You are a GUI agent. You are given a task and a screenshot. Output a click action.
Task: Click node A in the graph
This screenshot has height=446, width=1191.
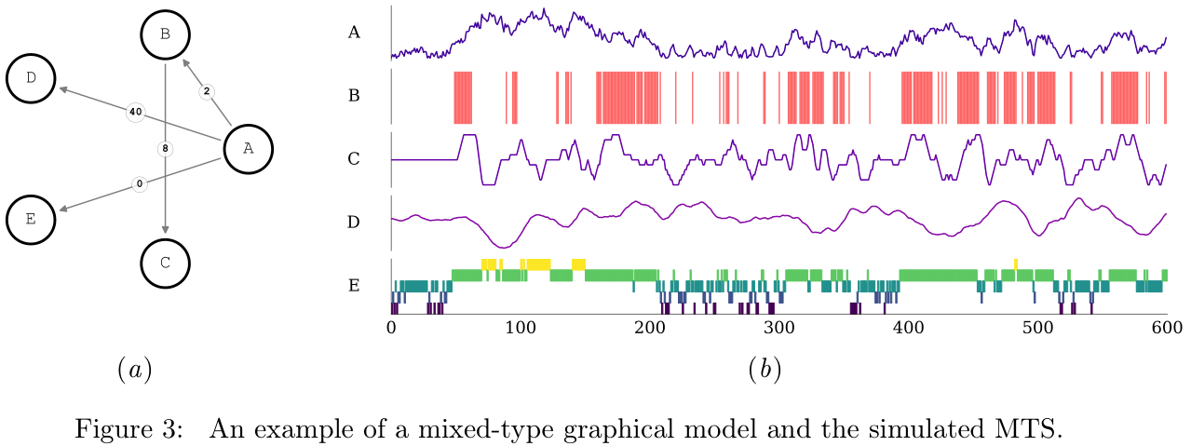(247, 147)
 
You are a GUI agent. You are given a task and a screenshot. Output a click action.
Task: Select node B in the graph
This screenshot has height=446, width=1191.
(165, 34)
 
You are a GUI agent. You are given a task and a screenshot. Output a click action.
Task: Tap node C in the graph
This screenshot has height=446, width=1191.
(165, 262)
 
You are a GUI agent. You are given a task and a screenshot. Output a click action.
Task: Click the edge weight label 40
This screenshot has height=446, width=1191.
(135, 112)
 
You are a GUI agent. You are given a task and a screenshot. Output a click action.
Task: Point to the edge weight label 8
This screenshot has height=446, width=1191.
(165, 148)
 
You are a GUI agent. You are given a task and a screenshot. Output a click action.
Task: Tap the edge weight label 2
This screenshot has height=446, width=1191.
(207, 91)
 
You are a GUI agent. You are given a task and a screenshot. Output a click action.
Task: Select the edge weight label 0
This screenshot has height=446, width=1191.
(140, 183)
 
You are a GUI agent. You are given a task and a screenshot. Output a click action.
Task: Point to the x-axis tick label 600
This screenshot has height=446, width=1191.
(1166, 328)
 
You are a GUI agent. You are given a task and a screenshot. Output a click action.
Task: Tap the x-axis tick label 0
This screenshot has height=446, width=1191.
(391, 328)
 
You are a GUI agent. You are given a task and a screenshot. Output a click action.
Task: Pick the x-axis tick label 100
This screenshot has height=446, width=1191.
(520, 328)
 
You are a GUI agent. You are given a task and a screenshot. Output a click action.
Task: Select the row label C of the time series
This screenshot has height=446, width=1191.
(354, 159)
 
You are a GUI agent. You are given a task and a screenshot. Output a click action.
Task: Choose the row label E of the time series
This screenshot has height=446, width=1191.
(354, 285)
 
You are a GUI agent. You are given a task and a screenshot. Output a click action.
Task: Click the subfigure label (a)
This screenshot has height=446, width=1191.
(134, 370)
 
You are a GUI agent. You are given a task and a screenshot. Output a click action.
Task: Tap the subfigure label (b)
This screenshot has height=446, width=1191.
(765, 370)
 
